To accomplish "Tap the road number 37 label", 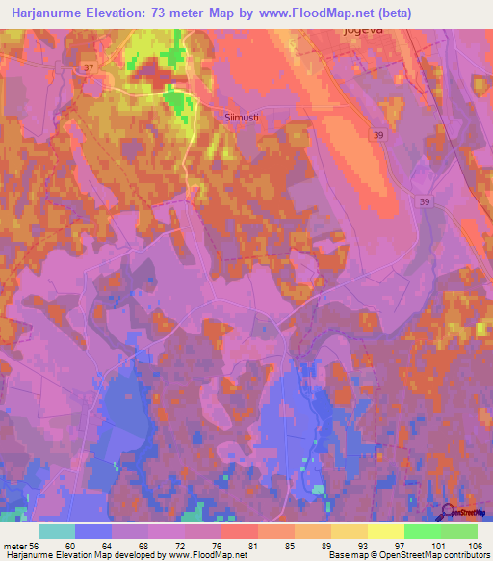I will click(x=89, y=67).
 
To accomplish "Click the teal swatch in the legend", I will click(x=57, y=531).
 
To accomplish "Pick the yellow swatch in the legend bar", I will click(x=385, y=531).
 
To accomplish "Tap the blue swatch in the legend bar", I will click(x=93, y=531).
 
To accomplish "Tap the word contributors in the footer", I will click(x=462, y=554).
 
